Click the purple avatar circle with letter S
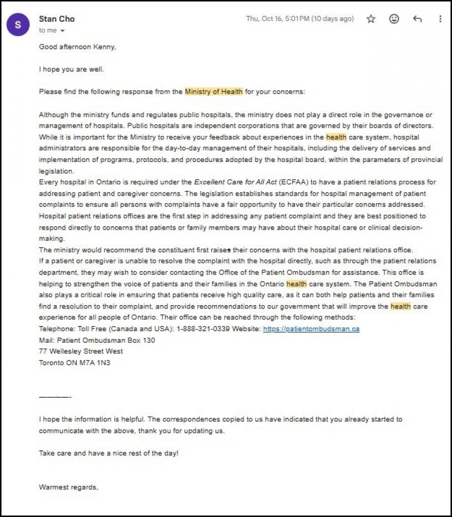pos(18,24)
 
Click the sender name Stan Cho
pos(57,19)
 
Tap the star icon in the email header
pos(371,19)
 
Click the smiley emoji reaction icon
pos(394,19)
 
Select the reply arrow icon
pos(418,19)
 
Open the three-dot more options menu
pos(440,19)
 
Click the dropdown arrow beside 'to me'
pos(63,31)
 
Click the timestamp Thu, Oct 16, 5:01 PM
pos(299,19)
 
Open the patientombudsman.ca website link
pos(311,329)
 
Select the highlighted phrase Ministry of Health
pos(214,92)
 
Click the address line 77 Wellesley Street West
pos(81,352)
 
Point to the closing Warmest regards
pos(68,487)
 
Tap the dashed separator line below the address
pos(55,397)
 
